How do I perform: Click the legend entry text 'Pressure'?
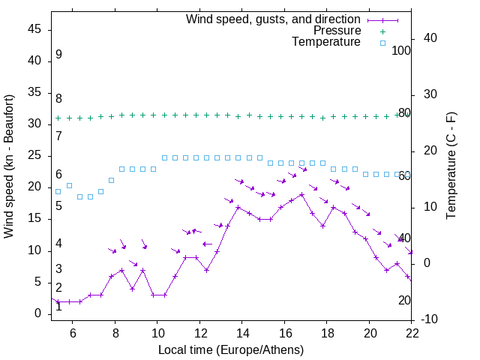pyautogui.click(x=337, y=31)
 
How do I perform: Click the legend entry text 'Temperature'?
pyautogui.click(x=326, y=42)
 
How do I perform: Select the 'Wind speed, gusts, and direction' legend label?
pyautogui.click(x=274, y=19)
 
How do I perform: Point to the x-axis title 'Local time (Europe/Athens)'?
pyautogui.click(x=231, y=349)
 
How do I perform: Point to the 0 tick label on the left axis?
pyautogui.click(x=37, y=313)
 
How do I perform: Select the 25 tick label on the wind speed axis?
pyautogui.click(x=34, y=155)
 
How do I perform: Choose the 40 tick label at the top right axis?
pyautogui.click(x=430, y=38)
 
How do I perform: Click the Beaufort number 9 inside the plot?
pyautogui.click(x=58, y=55)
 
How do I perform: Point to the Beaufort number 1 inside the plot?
pyautogui.click(x=58, y=307)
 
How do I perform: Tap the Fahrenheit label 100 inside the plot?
pyautogui.click(x=401, y=51)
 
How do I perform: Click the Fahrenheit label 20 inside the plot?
pyautogui.click(x=404, y=300)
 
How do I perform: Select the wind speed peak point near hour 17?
pyautogui.click(x=301, y=194)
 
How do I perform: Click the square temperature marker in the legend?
pyautogui.click(x=382, y=43)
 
